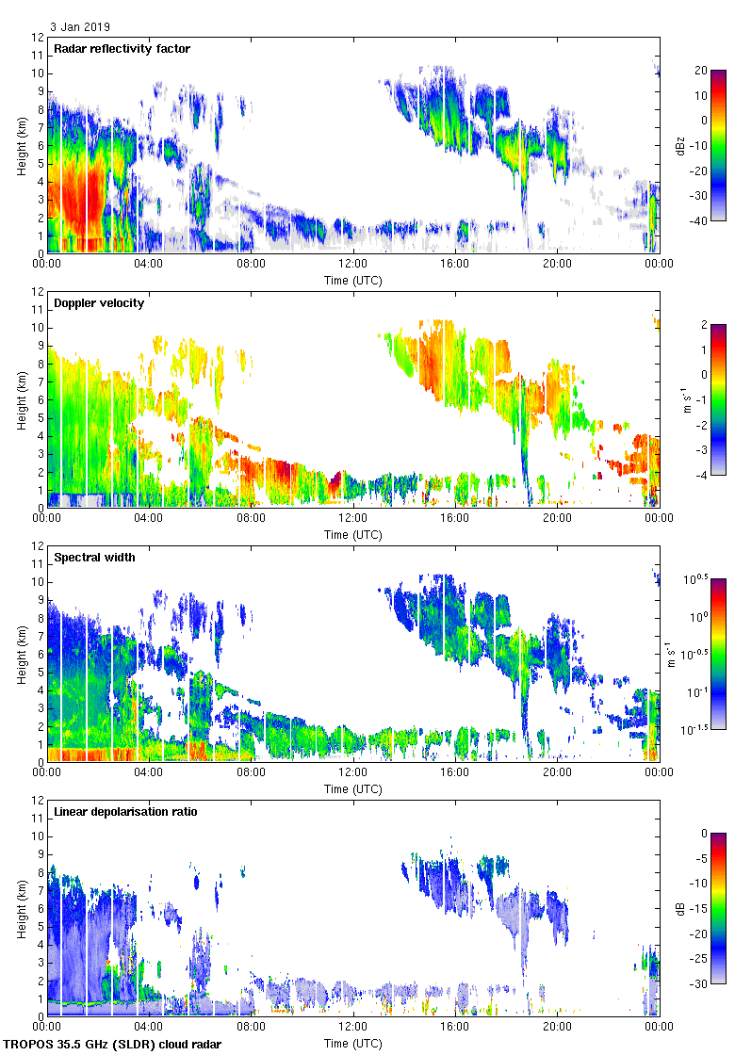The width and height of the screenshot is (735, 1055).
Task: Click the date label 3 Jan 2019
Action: coord(80,27)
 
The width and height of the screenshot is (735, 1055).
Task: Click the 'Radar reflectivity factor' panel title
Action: coord(122,48)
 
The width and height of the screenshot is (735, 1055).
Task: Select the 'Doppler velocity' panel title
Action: coord(95,302)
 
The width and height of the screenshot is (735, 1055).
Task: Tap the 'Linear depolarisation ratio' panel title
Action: coord(125,811)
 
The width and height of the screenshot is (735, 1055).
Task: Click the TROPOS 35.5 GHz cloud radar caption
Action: coord(114,1045)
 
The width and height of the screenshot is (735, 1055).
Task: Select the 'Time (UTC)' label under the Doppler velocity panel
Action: coord(353,535)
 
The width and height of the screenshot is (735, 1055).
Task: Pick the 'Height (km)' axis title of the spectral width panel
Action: coord(21,657)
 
